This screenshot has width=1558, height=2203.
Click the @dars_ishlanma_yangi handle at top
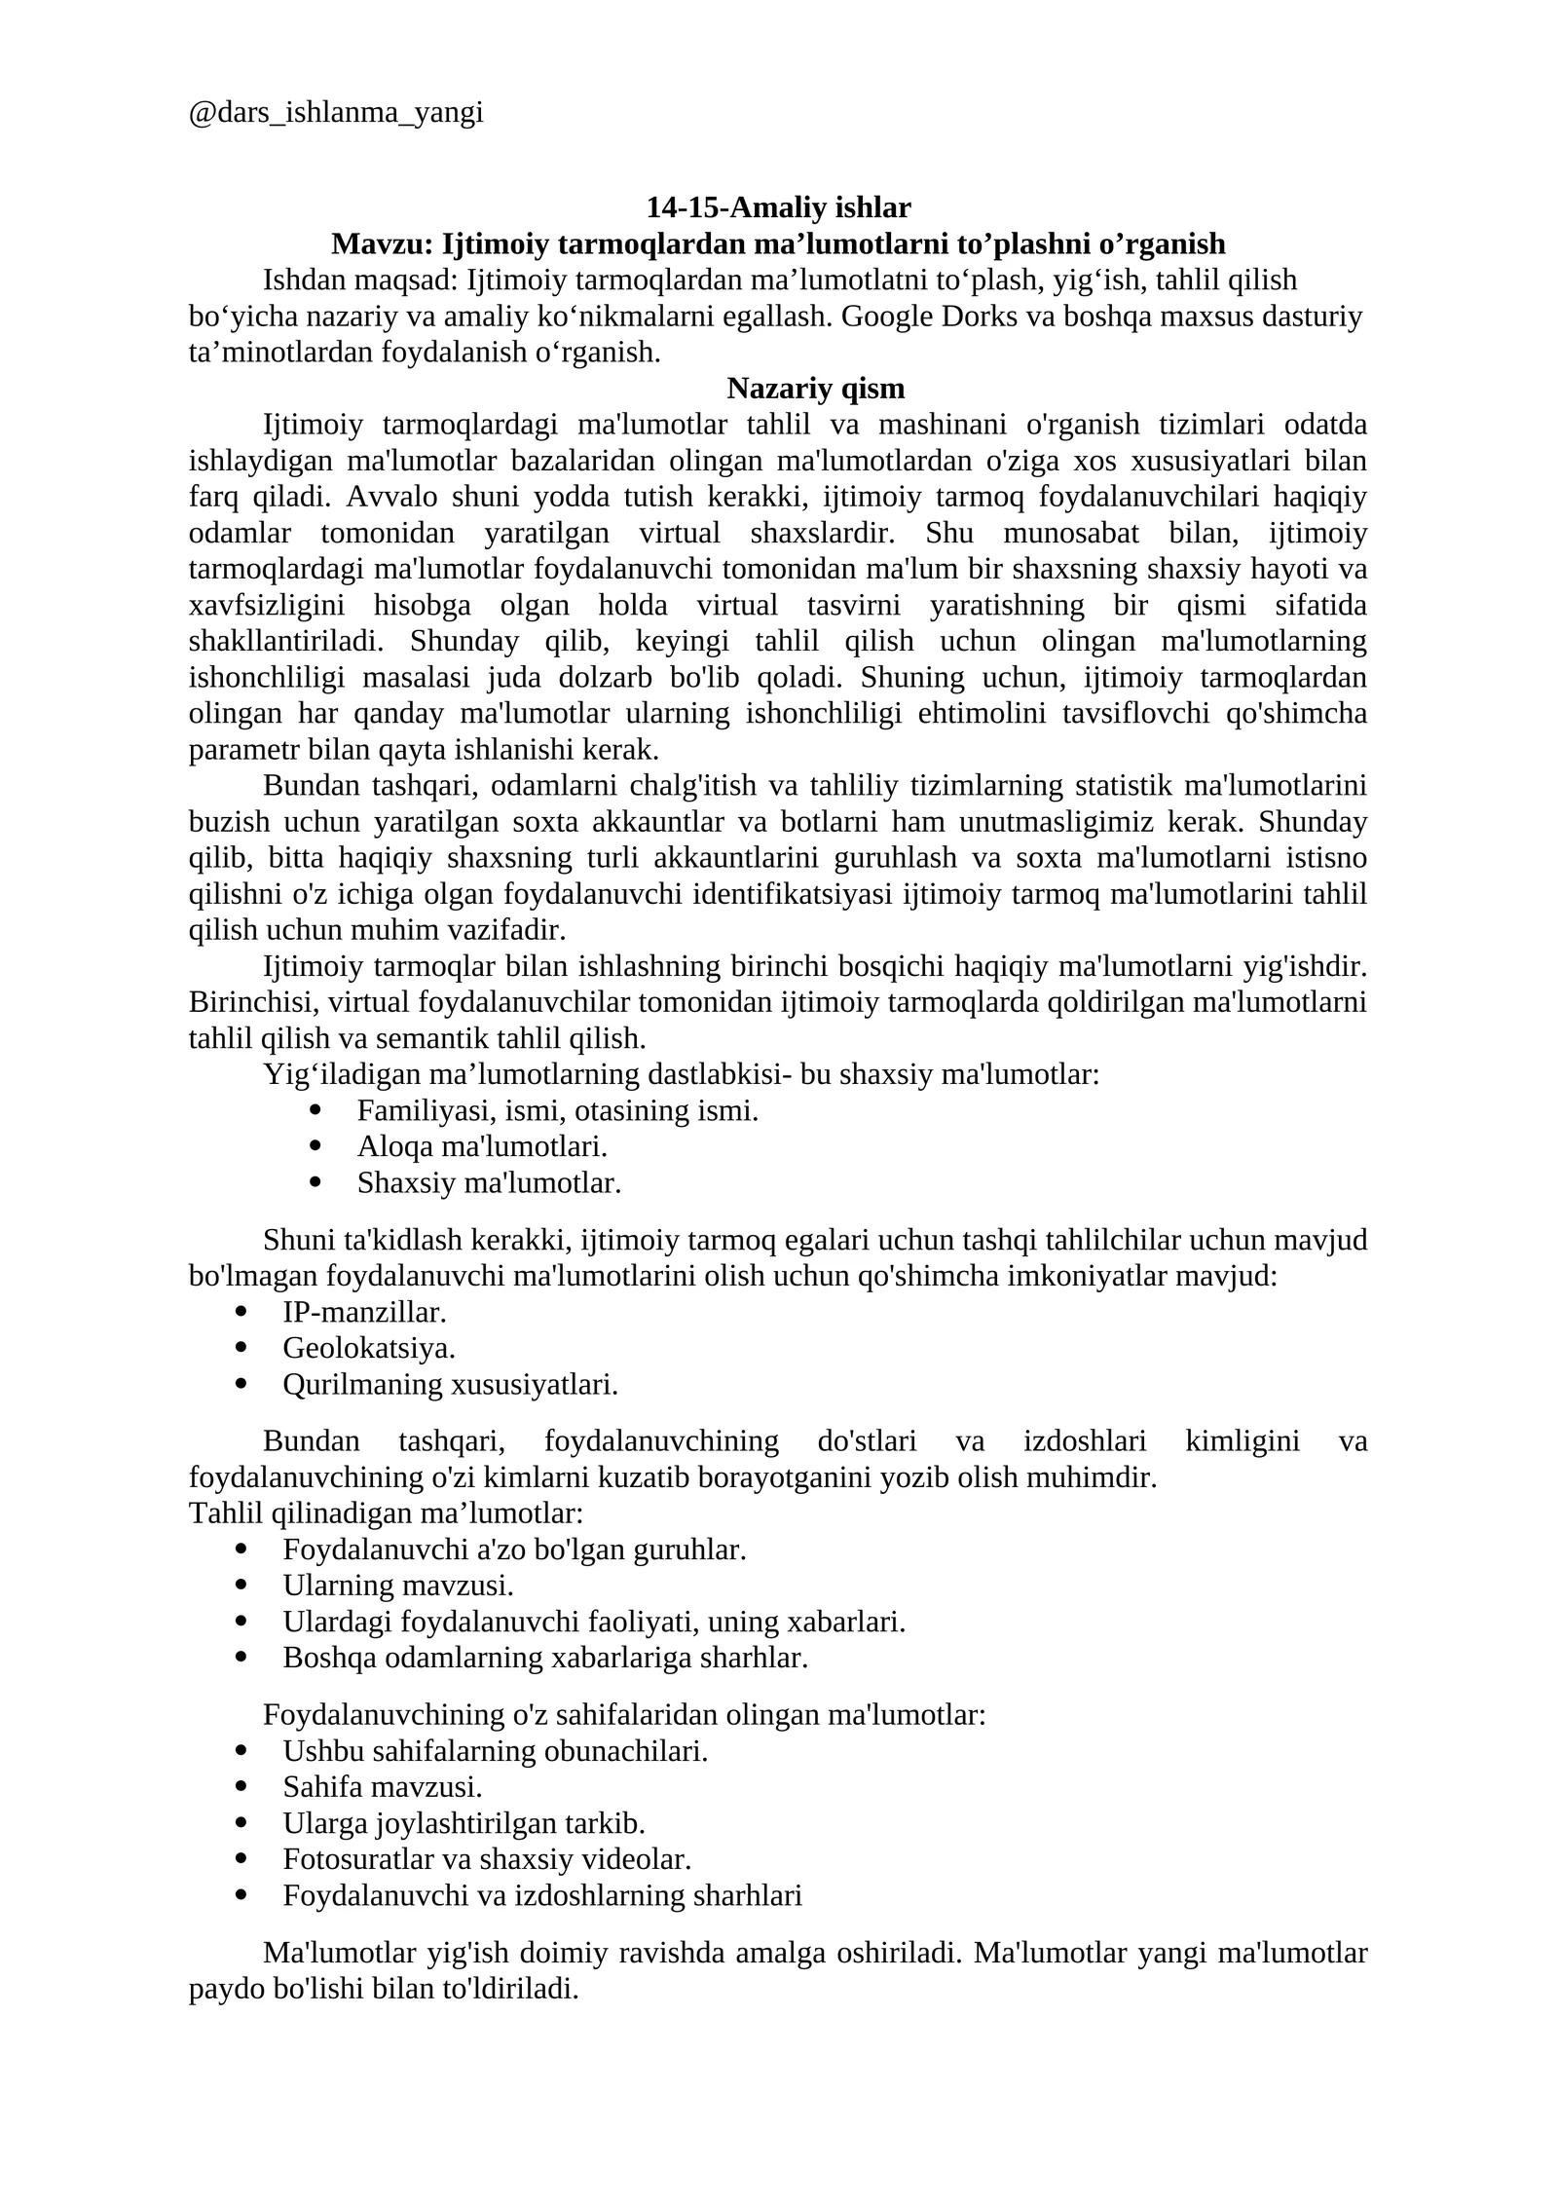(336, 114)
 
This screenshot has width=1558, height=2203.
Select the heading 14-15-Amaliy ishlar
(778, 207)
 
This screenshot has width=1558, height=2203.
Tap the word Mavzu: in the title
(382, 243)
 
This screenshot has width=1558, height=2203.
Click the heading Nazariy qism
(815, 389)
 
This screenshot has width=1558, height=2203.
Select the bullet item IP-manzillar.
(364, 1313)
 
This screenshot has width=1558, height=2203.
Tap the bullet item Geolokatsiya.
(369, 1349)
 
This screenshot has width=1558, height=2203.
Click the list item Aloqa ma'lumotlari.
(482, 1147)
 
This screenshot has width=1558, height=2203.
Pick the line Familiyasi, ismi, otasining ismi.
(557, 1111)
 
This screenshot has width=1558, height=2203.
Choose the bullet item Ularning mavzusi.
(397, 1586)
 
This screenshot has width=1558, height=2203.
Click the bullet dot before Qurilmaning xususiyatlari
(241, 1384)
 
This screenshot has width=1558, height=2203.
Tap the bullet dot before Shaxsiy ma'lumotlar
(315, 1183)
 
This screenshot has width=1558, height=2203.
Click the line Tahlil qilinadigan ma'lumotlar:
(386, 1513)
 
